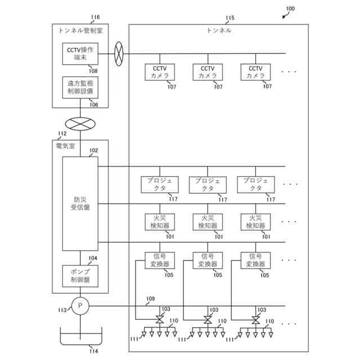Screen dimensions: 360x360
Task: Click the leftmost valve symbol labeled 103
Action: pos(160,319)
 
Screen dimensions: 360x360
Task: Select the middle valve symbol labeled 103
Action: pos(208,319)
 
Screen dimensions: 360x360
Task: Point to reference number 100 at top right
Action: pos(290,8)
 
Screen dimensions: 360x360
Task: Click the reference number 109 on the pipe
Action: pos(150,299)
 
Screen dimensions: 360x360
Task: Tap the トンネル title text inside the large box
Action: pos(219,30)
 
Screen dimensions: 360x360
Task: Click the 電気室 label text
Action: pos(65,146)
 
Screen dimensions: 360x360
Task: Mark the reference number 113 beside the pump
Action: pos(62,310)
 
